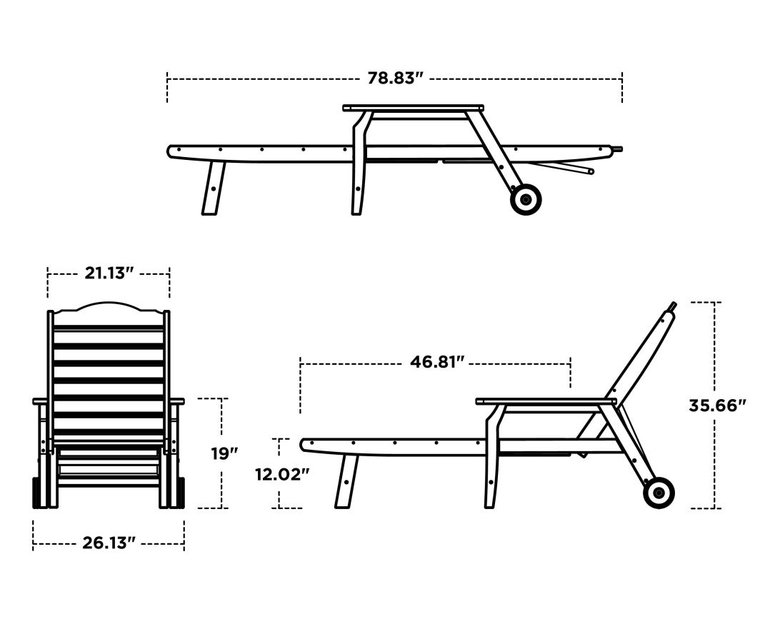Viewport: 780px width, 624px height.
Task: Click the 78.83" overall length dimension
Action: click(395, 78)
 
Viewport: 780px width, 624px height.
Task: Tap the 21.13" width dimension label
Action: click(109, 273)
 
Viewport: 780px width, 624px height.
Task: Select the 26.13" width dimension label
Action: click(109, 542)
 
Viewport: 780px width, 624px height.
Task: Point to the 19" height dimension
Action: click(224, 453)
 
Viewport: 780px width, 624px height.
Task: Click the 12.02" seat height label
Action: click(282, 473)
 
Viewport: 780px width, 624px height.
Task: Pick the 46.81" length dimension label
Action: click(437, 362)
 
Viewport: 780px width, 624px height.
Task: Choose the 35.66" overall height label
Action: click(717, 406)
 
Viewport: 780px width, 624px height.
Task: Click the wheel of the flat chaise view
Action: click(526, 199)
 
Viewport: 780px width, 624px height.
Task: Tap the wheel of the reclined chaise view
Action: click(659, 493)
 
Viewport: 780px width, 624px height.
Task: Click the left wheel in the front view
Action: click(36, 493)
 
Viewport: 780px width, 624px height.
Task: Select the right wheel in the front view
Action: click(181, 493)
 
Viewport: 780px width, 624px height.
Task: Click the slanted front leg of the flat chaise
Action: click(213, 187)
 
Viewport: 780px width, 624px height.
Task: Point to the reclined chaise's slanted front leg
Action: click(346, 481)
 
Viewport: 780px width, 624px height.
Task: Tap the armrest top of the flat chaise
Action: click(413, 108)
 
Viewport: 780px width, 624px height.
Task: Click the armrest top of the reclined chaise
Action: click(546, 401)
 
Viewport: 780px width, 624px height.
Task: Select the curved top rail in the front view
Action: click(109, 308)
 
